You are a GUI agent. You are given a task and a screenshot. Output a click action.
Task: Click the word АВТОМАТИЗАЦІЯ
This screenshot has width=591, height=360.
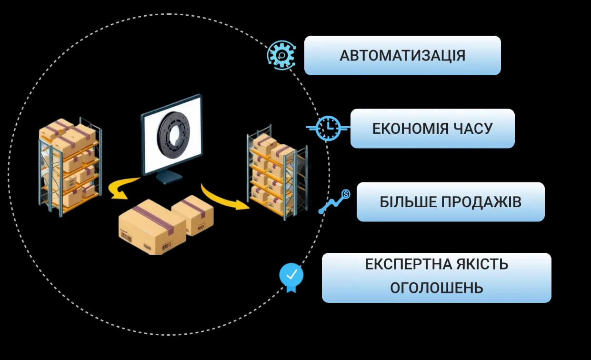tap(402, 56)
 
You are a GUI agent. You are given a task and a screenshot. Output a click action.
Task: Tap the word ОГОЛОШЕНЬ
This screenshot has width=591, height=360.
tap(437, 288)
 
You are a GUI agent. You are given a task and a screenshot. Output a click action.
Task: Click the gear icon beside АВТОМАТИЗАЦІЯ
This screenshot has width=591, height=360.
tap(281, 55)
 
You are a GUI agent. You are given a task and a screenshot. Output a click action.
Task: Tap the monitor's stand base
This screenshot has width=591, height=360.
tap(169, 179)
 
